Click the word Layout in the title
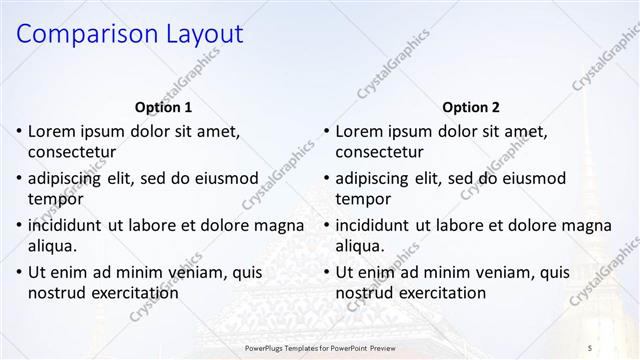click(x=200, y=34)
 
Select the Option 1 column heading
click(x=163, y=107)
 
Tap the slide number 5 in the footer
click(x=589, y=346)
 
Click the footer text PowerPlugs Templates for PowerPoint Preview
click(x=329, y=346)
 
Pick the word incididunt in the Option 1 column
click(x=73, y=225)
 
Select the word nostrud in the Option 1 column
click(x=57, y=293)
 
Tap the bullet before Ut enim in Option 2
click(x=327, y=272)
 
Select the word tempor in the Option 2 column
click(x=363, y=199)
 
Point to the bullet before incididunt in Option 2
click(x=327, y=225)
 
